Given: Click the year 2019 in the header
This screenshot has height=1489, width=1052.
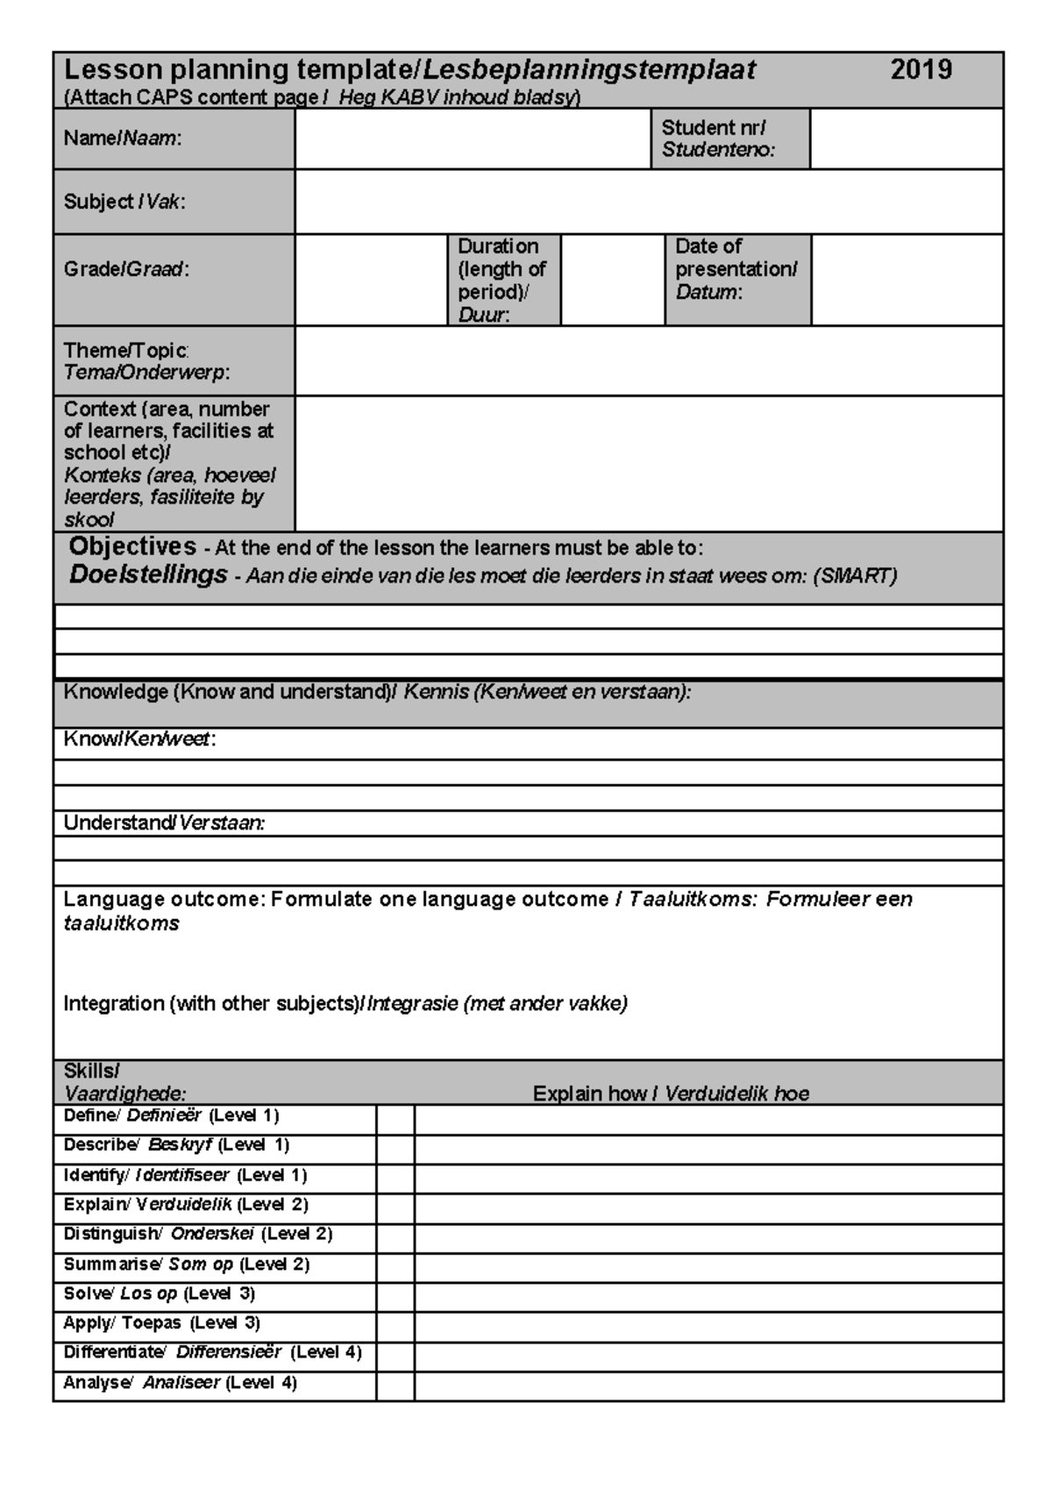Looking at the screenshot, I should pyautogui.click(x=920, y=70).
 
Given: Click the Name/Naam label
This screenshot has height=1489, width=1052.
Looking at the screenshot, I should pyautogui.click(x=123, y=139).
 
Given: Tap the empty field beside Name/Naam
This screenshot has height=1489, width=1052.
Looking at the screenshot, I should pyautogui.click(x=472, y=139).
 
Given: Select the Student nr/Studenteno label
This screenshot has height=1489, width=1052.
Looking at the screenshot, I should pyautogui.click(x=717, y=139).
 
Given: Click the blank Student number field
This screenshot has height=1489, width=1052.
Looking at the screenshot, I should pyautogui.click(x=906, y=139).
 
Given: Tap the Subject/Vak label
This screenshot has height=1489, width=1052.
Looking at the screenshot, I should pyautogui.click(x=124, y=202).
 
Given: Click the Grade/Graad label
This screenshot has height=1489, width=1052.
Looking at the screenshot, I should pyautogui.click(x=126, y=269).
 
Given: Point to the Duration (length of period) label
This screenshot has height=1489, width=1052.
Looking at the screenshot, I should pyautogui.click(x=501, y=280).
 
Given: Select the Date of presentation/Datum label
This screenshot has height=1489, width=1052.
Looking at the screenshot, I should pyautogui.click(x=736, y=269).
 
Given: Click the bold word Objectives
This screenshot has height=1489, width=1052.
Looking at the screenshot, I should pyautogui.click(x=132, y=546).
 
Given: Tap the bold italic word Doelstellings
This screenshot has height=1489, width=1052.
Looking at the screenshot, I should pyautogui.click(x=148, y=575).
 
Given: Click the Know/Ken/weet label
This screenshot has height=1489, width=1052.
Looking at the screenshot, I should pyautogui.click(x=139, y=739).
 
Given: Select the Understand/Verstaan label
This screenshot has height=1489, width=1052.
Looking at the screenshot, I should pyautogui.click(x=163, y=823).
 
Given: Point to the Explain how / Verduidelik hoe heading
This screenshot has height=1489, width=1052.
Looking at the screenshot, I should pyautogui.click(x=671, y=1094).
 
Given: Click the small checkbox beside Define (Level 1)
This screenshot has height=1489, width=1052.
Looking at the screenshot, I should pyautogui.click(x=395, y=1120).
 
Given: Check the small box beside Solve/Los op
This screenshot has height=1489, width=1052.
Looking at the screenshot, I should pyautogui.click(x=395, y=1297).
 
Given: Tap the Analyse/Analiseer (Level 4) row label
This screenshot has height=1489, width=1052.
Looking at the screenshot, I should pyautogui.click(x=180, y=1383).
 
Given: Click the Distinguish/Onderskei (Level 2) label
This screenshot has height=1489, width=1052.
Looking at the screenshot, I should pyautogui.click(x=197, y=1234).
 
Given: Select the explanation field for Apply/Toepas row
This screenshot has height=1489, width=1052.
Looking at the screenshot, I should pyautogui.click(x=708, y=1326).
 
